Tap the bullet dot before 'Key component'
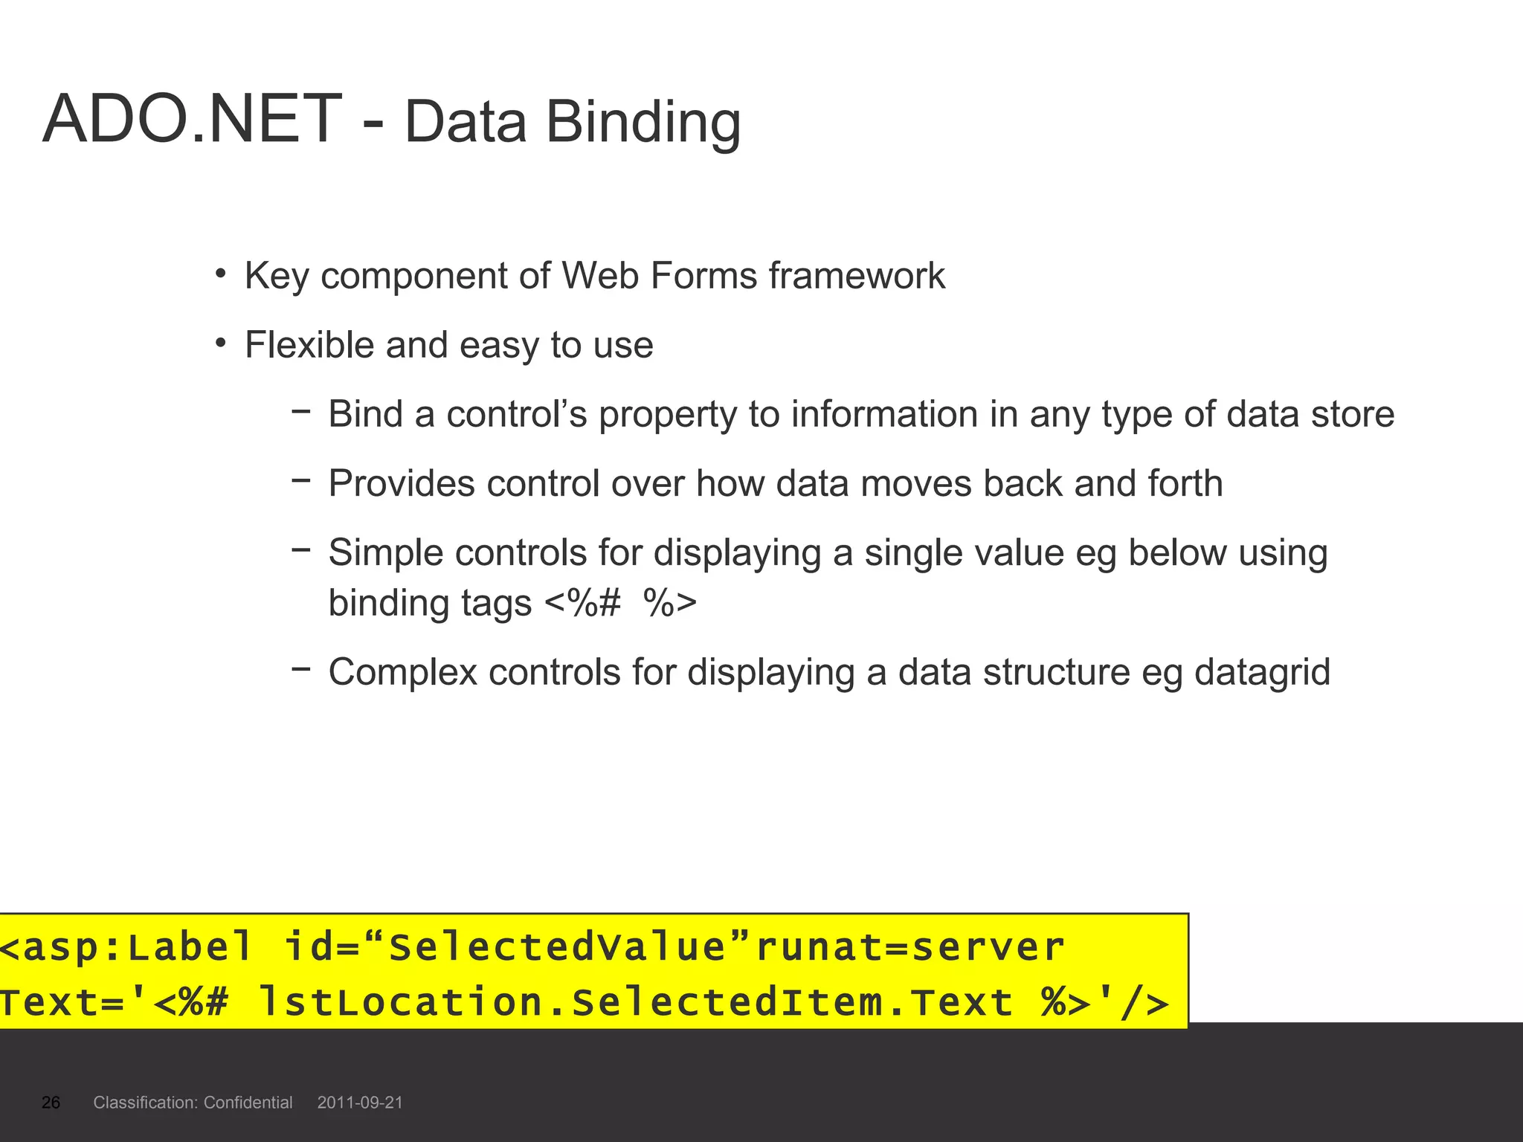(220, 274)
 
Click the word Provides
(402, 484)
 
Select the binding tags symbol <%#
(582, 603)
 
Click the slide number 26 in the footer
(51, 1103)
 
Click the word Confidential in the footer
(248, 1103)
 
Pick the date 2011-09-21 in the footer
(360, 1103)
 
